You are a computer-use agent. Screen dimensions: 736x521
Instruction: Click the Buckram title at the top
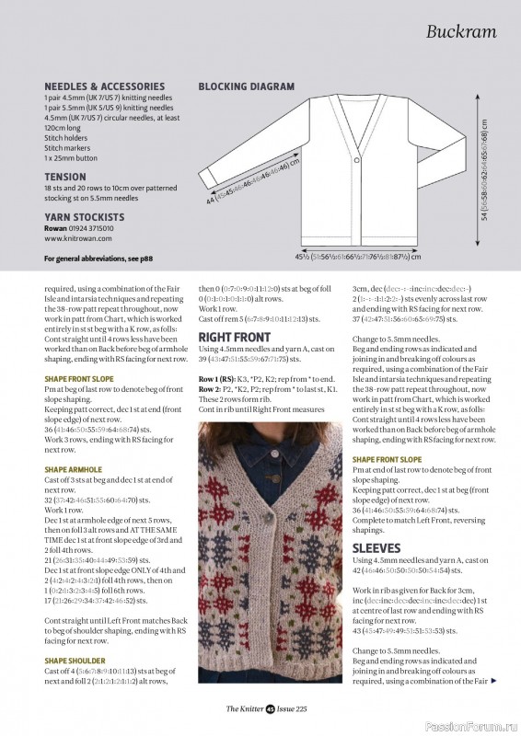461,32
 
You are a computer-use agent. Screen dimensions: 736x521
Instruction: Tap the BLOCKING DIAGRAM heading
247,86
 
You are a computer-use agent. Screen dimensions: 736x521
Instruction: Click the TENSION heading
64,176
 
